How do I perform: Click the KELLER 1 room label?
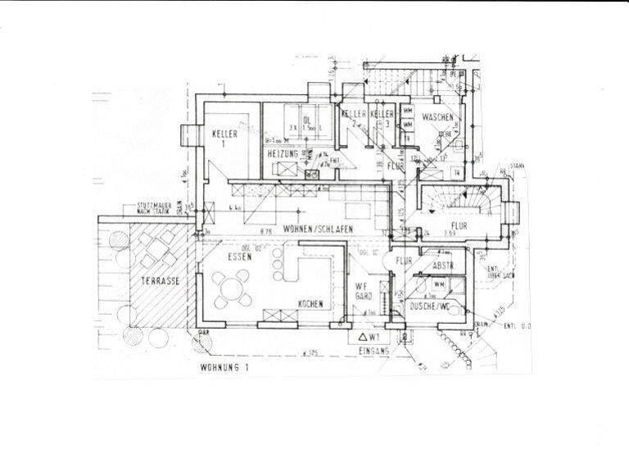224,139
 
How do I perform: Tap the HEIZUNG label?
282,154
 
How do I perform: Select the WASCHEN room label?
437,118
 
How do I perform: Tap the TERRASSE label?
160,280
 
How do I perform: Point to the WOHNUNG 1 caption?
224,367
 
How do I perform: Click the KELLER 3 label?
382,116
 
